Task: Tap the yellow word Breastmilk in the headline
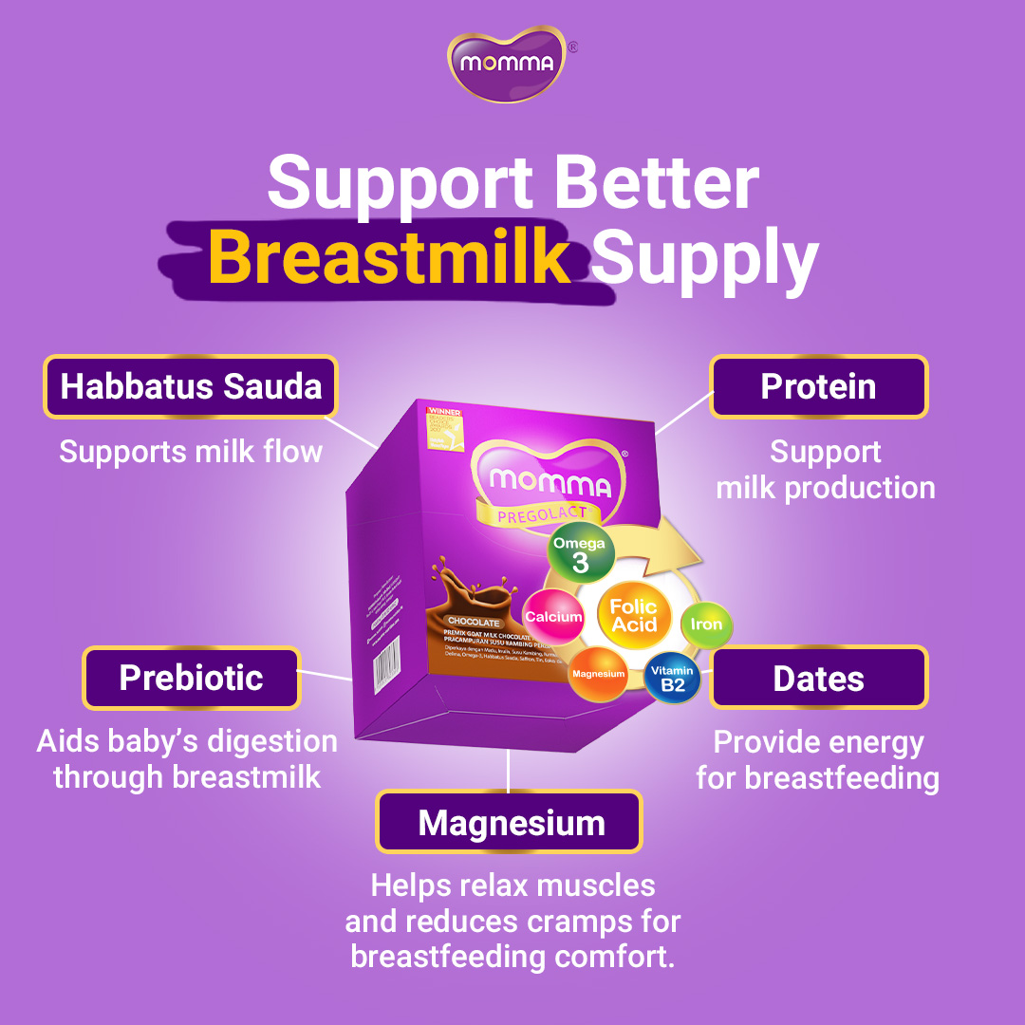[389, 254]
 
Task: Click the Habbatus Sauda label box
[191, 386]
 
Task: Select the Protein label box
[818, 386]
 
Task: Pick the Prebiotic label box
[191, 678]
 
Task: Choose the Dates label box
[818, 678]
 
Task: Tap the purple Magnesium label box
[510, 822]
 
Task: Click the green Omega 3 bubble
[580, 553]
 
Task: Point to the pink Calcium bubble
[553, 617]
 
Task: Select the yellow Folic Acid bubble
[634, 615]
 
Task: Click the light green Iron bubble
[706, 624]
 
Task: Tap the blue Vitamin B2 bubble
[672, 678]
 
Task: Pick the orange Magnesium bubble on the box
[598, 674]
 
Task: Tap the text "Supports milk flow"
[191, 451]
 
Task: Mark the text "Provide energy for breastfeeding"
[818, 759]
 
